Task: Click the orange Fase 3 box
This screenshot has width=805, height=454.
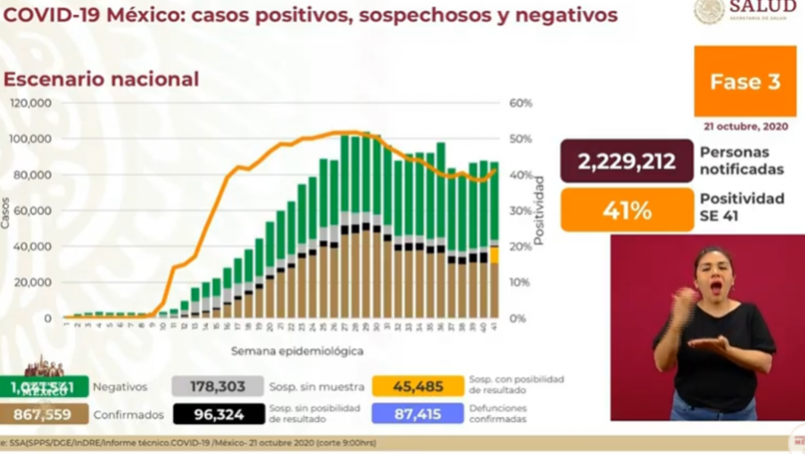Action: click(744, 81)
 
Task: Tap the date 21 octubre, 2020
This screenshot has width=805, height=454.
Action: click(744, 127)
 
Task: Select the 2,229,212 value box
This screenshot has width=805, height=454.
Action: click(627, 161)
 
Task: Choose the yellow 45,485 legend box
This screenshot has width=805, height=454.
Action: click(417, 386)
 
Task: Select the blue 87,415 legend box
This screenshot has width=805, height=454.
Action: click(417, 414)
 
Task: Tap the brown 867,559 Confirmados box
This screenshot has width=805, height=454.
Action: click(44, 415)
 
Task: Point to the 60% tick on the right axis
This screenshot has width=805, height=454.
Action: click(521, 103)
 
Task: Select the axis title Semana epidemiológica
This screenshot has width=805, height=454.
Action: click(297, 352)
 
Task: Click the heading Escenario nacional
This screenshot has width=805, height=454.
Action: click(101, 79)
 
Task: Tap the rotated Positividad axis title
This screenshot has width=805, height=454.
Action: click(538, 210)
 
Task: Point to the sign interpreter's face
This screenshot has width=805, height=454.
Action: click(714, 273)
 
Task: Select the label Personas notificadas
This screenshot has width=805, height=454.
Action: click(740, 161)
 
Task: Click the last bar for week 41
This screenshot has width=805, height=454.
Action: click(494, 243)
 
